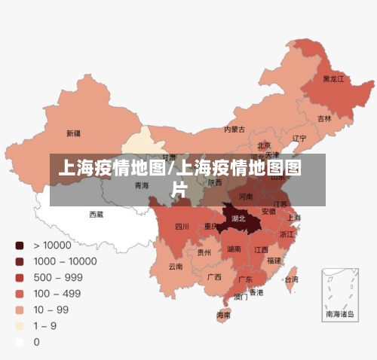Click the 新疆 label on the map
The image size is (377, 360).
(x=73, y=133)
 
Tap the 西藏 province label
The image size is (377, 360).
(x=97, y=214)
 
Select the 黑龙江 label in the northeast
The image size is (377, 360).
(x=333, y=78)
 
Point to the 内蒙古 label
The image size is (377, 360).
(x=234, y=129)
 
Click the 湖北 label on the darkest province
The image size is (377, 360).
(x=238, y=218)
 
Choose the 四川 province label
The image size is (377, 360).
(x=182, y=226)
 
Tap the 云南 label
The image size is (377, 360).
(x=175, y=266)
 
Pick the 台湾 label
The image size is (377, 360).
(x=290, y=279)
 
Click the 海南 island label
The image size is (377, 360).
(x=224, y=314)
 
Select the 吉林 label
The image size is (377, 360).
(x=324, y=118)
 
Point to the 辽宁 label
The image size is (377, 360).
(x=299, y=138)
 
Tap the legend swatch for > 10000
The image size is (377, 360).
(x=20, y=245)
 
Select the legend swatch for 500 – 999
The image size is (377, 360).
(x=20, y=277)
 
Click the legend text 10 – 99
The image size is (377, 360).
(x=51, y=310)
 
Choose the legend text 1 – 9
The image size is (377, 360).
(x=46, y=325)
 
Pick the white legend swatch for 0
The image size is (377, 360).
(x=20, y=342)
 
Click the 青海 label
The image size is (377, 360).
(x=142, y=185)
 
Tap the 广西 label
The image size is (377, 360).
(x=214, y=276)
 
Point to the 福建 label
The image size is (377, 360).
(x=274, y=260)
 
